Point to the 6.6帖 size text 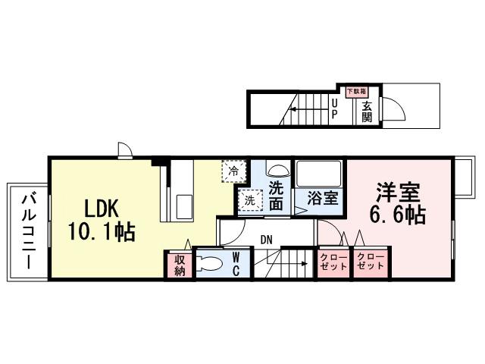(396, 215)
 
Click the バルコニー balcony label (28, 231)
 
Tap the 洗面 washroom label (277, 195)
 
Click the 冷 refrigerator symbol (234, 171)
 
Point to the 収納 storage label (180, 265)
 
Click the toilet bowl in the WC (212, 265)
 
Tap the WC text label (236, 265)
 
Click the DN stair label (266, 240)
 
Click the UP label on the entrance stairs (334, 109)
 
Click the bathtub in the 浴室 (319, 175)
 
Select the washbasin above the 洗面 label (277, 170)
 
